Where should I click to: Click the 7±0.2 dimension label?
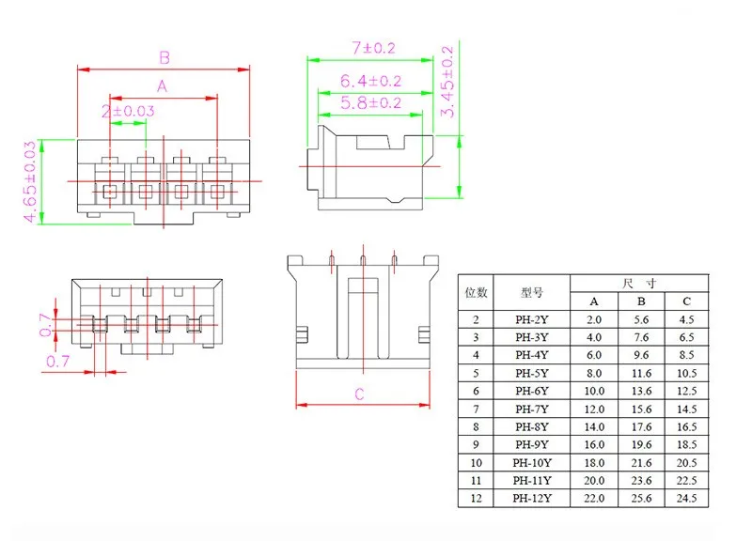coord(373,48)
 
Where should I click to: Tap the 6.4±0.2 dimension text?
coord(370,81)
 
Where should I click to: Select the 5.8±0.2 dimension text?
coord(370,102)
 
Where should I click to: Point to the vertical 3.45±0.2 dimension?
coord(446,82)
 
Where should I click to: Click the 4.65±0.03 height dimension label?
coord(30,181)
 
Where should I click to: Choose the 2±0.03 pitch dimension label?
coord(128,111)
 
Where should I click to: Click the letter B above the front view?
coord(164,58)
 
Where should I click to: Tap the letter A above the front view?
coord(162,86)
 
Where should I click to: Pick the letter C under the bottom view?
coord(359,394)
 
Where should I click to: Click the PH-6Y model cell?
coord(532,391)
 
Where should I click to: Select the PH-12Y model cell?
coord(532,499)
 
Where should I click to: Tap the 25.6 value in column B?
coord(641,499)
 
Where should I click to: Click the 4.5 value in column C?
coord(686,319)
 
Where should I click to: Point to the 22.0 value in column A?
coord(594,499)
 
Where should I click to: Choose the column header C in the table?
coord(686,301)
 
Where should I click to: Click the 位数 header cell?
coord(476,292)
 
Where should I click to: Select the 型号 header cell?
coord(532,292)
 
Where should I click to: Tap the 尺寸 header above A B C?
coord(639,284)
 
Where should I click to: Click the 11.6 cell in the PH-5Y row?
coord(641,373)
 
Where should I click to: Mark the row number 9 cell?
coord(476,444)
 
